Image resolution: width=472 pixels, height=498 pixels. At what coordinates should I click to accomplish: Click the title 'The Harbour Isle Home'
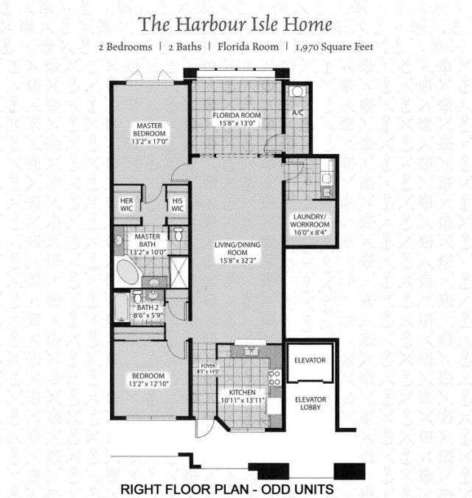(x=235, y=24)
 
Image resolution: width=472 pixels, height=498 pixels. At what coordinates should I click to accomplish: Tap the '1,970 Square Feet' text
(x=333, y=47)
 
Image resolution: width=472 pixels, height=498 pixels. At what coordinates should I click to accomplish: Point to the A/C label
(x=298, y=113)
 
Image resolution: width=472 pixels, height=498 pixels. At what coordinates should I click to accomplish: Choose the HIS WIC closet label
(x=177, y=204)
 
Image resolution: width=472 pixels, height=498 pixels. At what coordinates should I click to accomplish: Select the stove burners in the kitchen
(x=274, y=377)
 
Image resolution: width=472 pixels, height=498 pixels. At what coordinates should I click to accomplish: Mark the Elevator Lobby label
(x=310, y=404)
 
